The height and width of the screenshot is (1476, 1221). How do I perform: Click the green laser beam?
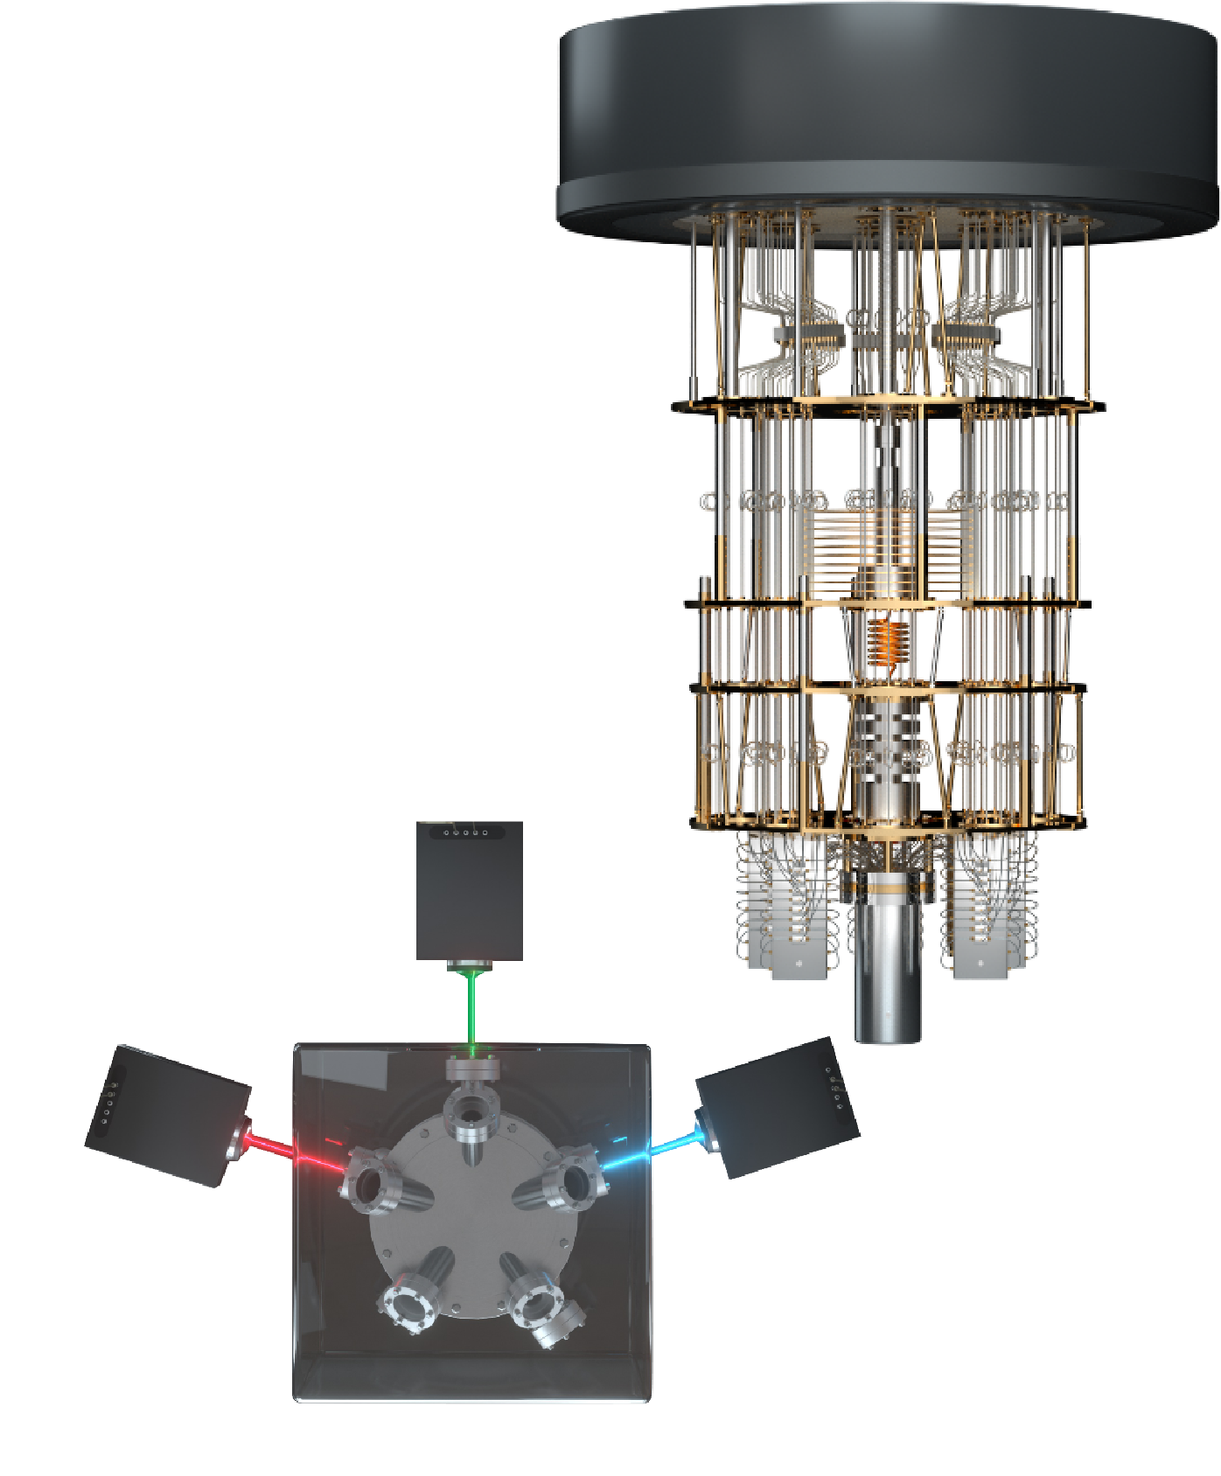pos(472,1006)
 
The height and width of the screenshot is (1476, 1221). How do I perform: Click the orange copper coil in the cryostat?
pos(887,643)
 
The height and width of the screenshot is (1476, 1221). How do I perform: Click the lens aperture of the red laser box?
pos(236,1141)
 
